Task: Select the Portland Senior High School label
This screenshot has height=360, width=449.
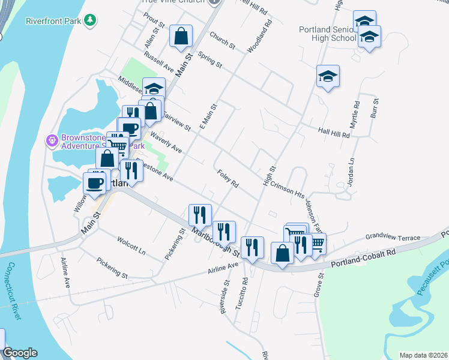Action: (x=327, y=34)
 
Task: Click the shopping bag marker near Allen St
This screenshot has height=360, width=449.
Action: (x=181, y=37)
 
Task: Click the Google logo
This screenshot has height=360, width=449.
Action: (x=19, y=353)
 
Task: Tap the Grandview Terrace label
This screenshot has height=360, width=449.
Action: (x=393, y=238)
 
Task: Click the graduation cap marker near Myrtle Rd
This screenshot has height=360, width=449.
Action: (x=328, y=77)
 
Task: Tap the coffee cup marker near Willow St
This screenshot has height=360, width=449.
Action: (x=95, y=183)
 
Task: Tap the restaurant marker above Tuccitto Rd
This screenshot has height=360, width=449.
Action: (x=252, y=247)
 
